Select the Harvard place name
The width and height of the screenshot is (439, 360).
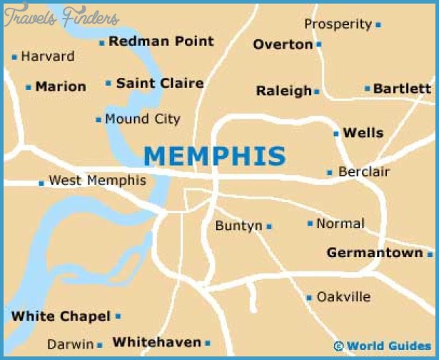tap(48, 56)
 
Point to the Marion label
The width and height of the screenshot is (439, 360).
tap(61, 86)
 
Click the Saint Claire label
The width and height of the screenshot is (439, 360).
tap(160, 84)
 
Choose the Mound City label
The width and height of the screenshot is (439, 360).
tap(143, 119)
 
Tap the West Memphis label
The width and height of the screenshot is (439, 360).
tap(97, 181)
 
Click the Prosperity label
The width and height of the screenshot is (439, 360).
tap(338, 24)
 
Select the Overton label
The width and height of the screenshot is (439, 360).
tap(283, 44)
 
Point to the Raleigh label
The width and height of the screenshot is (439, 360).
tap(284, 91)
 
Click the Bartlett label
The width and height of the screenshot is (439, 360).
tap(403, 89)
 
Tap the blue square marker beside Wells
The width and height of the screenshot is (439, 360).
tap(335, 133)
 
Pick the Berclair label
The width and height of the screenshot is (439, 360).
tap(364, 172)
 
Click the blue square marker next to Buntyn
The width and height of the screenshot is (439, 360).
tap(269, 226)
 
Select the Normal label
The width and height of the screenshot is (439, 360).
tap(340, 224)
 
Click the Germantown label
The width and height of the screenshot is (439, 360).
tap(375, 253)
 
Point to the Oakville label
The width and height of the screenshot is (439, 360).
tap(343, 296)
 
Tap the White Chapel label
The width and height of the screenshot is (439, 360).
tap(61, 316)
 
